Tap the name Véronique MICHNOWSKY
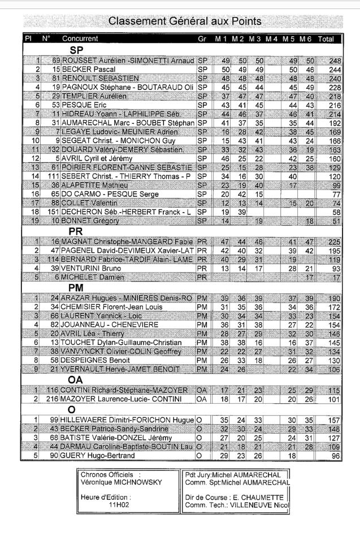click(x=118, y=481)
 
